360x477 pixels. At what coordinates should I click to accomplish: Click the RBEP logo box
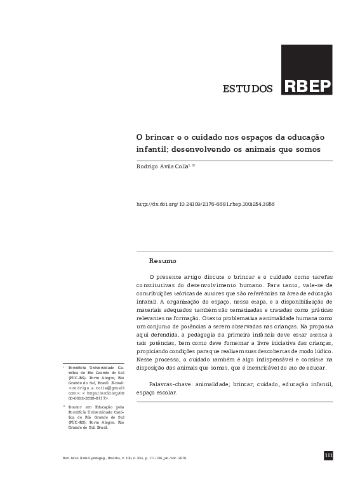306,70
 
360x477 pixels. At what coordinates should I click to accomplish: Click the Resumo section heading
163,260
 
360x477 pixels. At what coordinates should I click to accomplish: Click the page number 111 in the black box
328,455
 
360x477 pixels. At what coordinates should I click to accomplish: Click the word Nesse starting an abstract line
146,359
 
